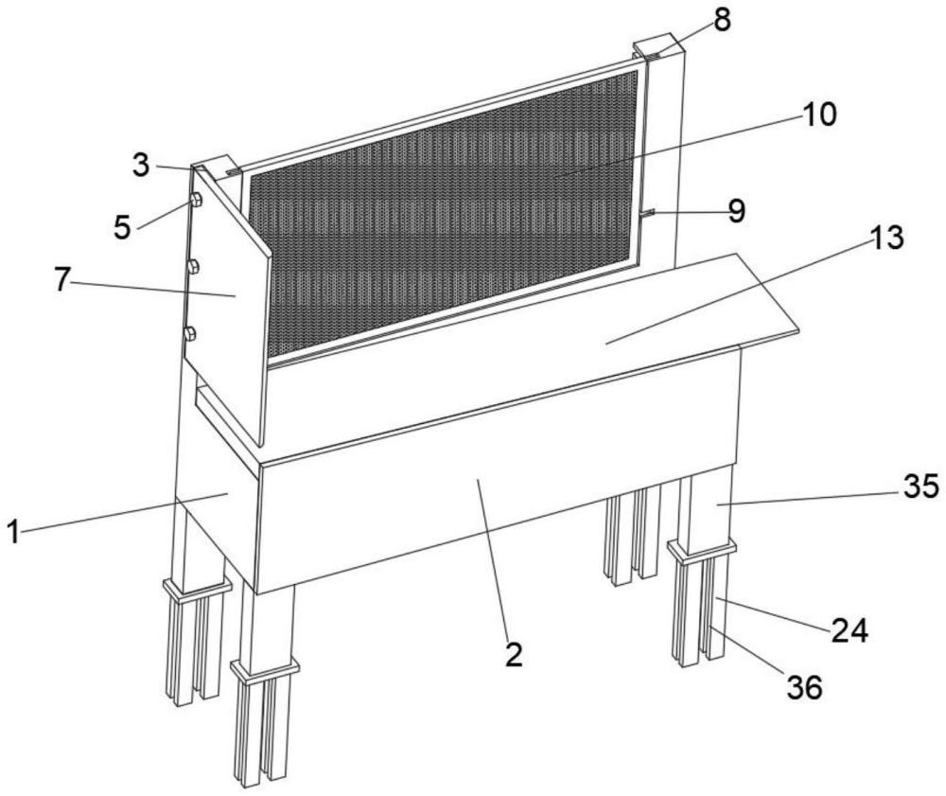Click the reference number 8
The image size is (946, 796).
tap(722, 20)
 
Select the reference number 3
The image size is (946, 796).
tap(141, 165)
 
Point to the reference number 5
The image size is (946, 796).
tap(122, 228)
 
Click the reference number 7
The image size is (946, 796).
tap(61, 280)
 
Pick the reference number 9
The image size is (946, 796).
tap(736, 211)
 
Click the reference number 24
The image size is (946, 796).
tap(850, 631)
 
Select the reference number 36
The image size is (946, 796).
tap(805, 687)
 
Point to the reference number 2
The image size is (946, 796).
tap(514, 655)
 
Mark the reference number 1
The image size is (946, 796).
tap(13, 532)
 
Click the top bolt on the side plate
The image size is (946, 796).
tap(196, 201)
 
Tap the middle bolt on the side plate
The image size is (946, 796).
tap(193, 266)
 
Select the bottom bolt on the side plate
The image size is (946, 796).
tap(190, 333)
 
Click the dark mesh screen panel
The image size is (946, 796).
tap(444, 211)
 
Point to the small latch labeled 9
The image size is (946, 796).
tap(647, 212)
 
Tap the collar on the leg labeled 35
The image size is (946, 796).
tap(702, 549)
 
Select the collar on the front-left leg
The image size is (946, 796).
tap(264, 669)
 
